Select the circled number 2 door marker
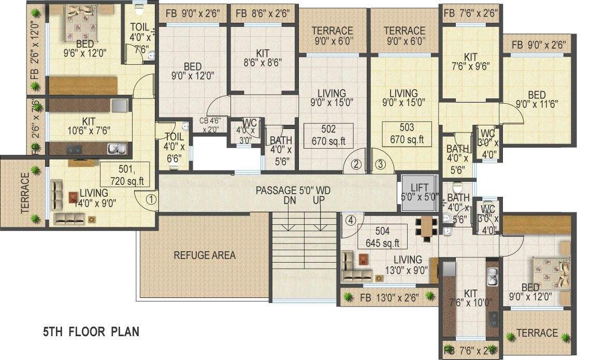[356, 165]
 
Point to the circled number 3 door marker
[381, 165]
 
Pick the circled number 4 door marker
[351, 220]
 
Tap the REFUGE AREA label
[205, 255]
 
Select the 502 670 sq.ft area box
[328, 135]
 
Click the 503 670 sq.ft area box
[407, 134]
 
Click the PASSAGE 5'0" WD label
[293, 191]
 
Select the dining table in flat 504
[426, 228]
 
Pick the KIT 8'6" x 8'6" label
[262, 59]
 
